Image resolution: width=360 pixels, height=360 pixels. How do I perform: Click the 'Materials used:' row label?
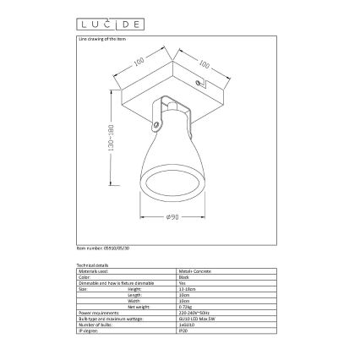(x=94, y=270)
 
